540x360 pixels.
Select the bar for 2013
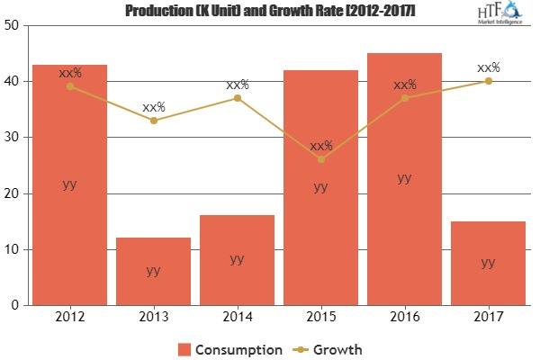coord(153,271)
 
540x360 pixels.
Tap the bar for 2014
coord(237,260)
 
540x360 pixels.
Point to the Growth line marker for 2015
coord(321,159)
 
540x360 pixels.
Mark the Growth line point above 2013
coord(154,120)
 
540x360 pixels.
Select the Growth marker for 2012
coord(70,86)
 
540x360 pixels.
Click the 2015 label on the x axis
coord(320,317)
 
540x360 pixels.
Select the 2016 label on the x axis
coord(404,317)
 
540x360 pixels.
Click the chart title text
coord(270,9)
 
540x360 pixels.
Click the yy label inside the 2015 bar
coord(320,187)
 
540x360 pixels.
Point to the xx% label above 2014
coord(238,85)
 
